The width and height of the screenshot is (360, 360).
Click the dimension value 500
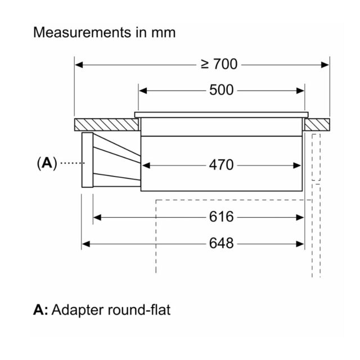coord(221,90)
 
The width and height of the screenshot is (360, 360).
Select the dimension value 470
coord(221,165)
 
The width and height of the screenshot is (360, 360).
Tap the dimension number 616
coord(221,217)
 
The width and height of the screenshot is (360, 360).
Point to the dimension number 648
coord(221,244)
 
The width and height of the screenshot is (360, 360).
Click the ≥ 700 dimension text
coord(219,64)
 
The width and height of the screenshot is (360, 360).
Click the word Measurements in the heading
coord(82,33)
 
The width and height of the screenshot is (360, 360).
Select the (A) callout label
coord(47,163)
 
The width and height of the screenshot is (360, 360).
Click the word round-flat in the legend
coord(139,310)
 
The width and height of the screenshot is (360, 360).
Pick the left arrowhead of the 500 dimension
coord(143,91)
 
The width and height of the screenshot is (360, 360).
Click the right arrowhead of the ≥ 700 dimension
coord(325,65)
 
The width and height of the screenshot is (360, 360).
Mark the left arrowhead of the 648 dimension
coord(86,244)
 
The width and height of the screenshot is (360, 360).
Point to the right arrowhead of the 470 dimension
coord(296,165)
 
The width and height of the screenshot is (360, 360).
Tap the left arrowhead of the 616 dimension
coord(97,218)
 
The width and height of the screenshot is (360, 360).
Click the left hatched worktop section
coord(106,125)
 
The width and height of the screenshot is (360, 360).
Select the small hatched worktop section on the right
coord(317,125)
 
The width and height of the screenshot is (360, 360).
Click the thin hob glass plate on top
coord(221,115)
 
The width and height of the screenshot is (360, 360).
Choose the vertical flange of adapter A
coord(88,160)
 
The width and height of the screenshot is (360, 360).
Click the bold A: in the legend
coord(40,310)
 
